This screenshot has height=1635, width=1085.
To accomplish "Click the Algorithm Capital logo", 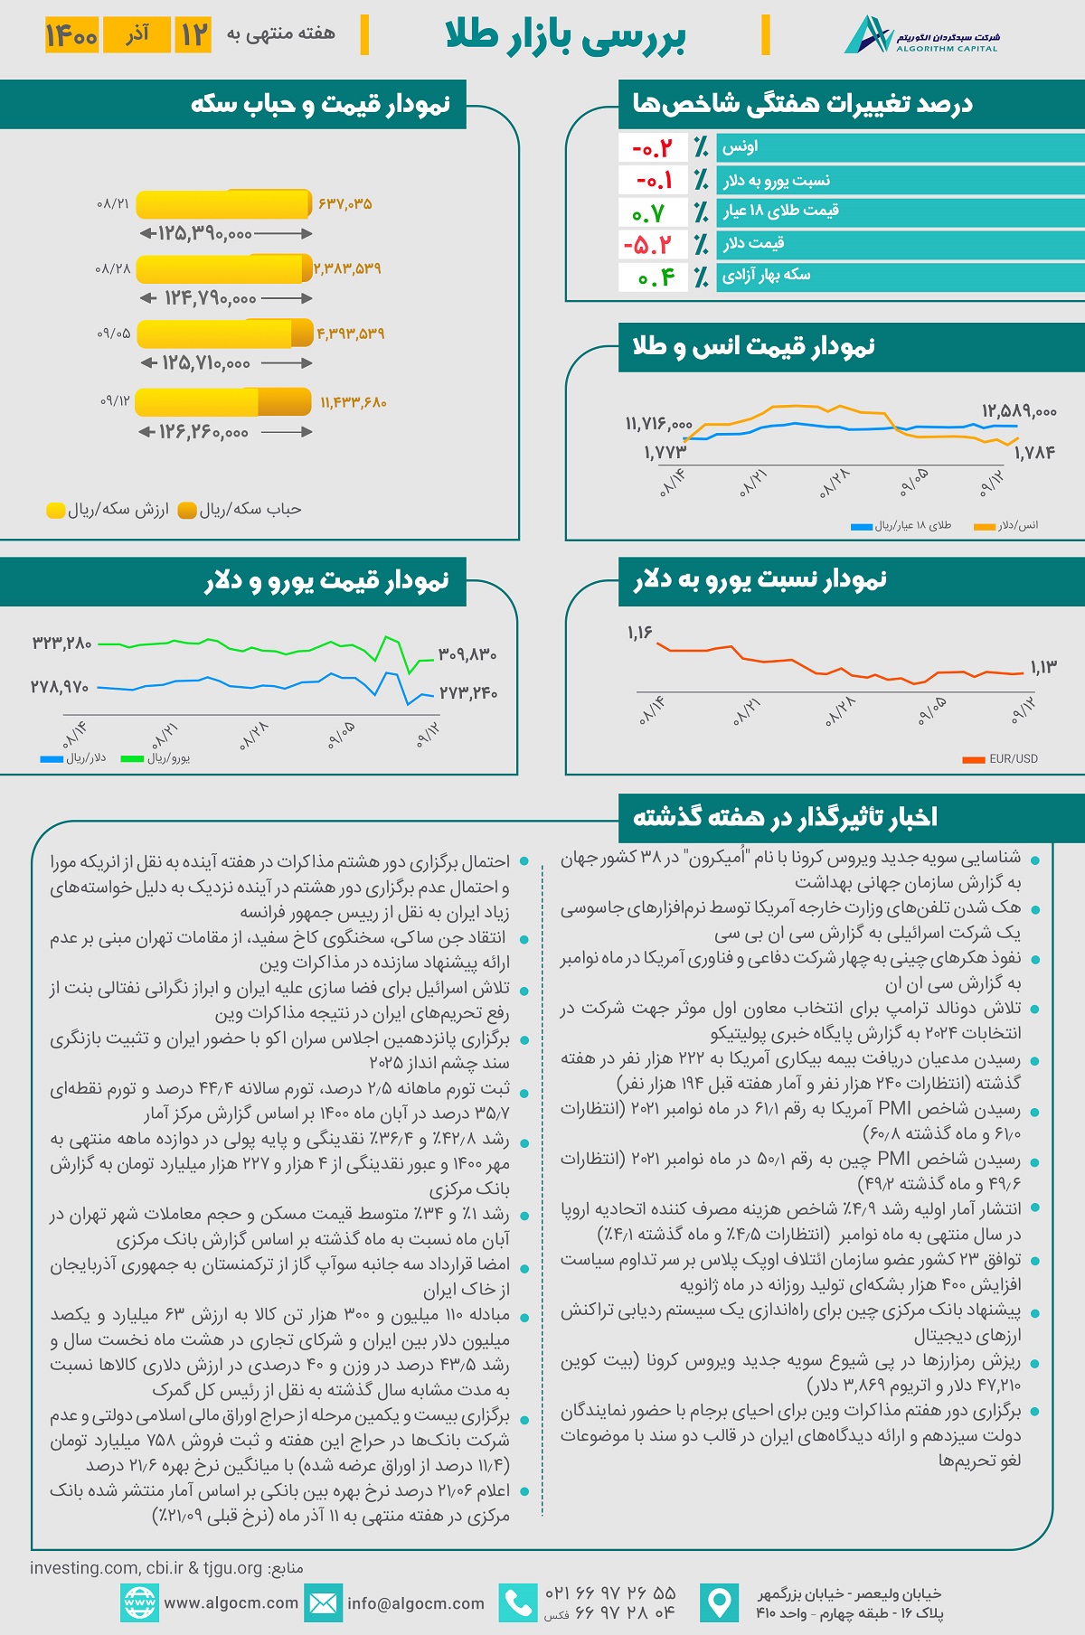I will [x=922, y=35].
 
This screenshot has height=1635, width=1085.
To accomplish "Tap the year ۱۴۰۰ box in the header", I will [x=71, y=35].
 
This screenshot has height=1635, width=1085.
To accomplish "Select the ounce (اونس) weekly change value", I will [x=653, y=147].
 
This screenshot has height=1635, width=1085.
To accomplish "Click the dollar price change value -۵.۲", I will [x=648, y=245].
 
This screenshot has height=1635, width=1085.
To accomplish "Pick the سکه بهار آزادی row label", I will [x=766, y=276].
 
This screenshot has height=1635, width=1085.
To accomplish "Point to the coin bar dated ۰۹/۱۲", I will [x=223, y=401].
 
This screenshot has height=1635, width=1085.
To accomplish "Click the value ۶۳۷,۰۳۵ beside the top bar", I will [x=345, y=204].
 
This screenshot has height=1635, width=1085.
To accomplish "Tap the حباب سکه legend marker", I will [x=188, y=511].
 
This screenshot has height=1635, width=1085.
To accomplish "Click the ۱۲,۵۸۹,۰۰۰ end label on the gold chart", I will [x=1019, y=411].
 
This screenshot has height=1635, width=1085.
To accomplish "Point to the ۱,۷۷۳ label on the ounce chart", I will [x=665, y=452].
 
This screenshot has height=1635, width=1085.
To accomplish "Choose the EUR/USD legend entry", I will [x=1001, y=759].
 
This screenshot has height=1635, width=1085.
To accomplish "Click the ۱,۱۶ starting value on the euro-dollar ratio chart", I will [x=639, y=633].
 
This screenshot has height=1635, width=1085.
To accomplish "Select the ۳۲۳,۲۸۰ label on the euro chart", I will [x=61, y=644].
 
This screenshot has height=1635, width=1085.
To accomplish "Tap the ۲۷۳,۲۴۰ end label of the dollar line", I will [x=468, y=693].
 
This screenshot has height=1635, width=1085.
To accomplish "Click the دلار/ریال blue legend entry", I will [x=73, y=758].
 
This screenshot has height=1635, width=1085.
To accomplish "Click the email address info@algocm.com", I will [x=416, y=1603].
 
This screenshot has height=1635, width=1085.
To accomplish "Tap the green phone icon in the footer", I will [x=518, y=1603].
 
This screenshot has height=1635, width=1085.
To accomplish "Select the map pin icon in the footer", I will [x=719, y=1603].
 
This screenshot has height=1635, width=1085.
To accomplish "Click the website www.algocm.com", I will [x=231, y=1603].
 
